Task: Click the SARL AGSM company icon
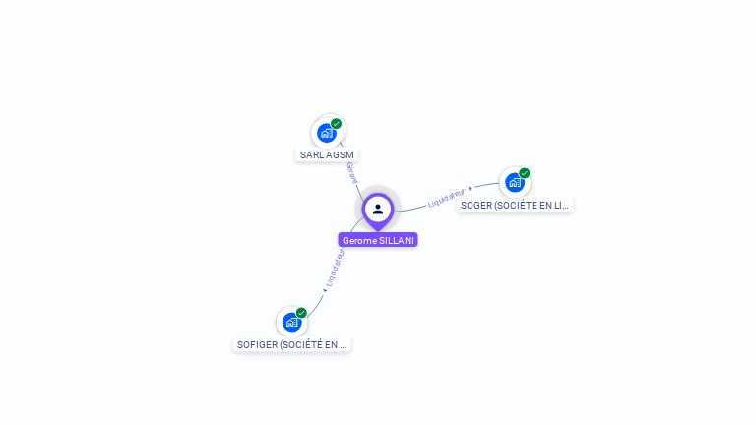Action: [327, 133]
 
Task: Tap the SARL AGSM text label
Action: [327, 154]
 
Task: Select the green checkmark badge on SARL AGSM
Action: [337, 124]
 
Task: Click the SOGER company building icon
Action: [515, 182]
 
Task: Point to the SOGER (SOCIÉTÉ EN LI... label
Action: [515, 205]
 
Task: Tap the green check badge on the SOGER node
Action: [525, 173]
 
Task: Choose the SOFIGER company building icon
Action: [291, 322]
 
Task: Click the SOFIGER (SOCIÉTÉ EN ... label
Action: [292, 344]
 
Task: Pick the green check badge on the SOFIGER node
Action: [301, 313]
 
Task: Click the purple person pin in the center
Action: [378, 210]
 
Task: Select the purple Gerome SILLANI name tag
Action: [378, 240]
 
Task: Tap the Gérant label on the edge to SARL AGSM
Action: [352, 173]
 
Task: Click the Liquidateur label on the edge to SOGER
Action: [446, 198]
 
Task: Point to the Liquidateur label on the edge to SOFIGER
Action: [335, 268]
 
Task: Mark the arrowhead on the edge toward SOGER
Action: [471, 187]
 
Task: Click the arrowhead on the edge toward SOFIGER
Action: [325, 289]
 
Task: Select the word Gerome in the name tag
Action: [359, 240]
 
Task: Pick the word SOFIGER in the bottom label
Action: [258, 344]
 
